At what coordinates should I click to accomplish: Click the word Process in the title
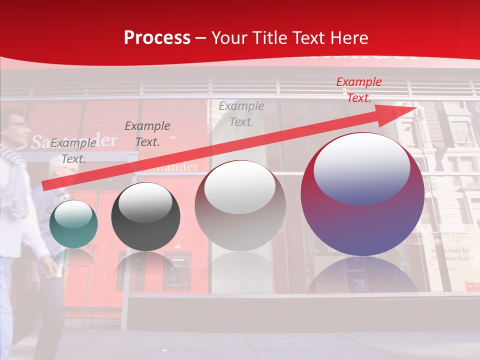coord(157,38)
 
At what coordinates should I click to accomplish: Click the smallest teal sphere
coord(73,224)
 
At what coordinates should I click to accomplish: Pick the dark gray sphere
coord(145,217)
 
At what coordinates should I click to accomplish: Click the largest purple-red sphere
coord(362,195)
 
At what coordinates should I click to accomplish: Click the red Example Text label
coord(358,90)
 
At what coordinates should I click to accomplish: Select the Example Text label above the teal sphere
coord(73,151)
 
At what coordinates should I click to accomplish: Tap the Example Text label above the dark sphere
coord(147,134)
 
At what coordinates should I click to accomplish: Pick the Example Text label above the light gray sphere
coord(241,114)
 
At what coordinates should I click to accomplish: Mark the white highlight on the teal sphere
coord(73,214)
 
